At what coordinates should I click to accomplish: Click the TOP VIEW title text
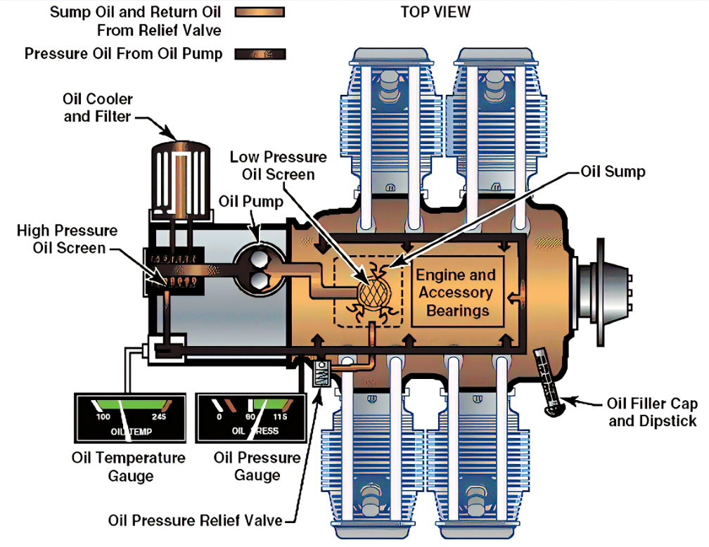click(x=435, y=12)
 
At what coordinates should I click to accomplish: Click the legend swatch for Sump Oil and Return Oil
click(x=262, y=12)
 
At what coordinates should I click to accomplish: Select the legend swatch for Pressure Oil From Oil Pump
click(x=262, y=53)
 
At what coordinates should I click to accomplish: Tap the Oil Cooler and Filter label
click(x=98, y=108)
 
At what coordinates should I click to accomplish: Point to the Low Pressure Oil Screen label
click(x=278, y=166)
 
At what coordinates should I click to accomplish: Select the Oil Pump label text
click(x=250, y=202)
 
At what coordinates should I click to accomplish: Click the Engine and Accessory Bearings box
click(x=457, y=292)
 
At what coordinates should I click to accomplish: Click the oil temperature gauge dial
click(x=130, y=417)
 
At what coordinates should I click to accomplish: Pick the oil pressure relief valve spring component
click(x=320, y=373)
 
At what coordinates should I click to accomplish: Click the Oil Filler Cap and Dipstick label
click(x=651, y=412)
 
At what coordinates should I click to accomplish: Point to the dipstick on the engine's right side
click(x=549, y=380)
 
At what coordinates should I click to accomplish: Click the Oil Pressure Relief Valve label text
click(x=195, y=521)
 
